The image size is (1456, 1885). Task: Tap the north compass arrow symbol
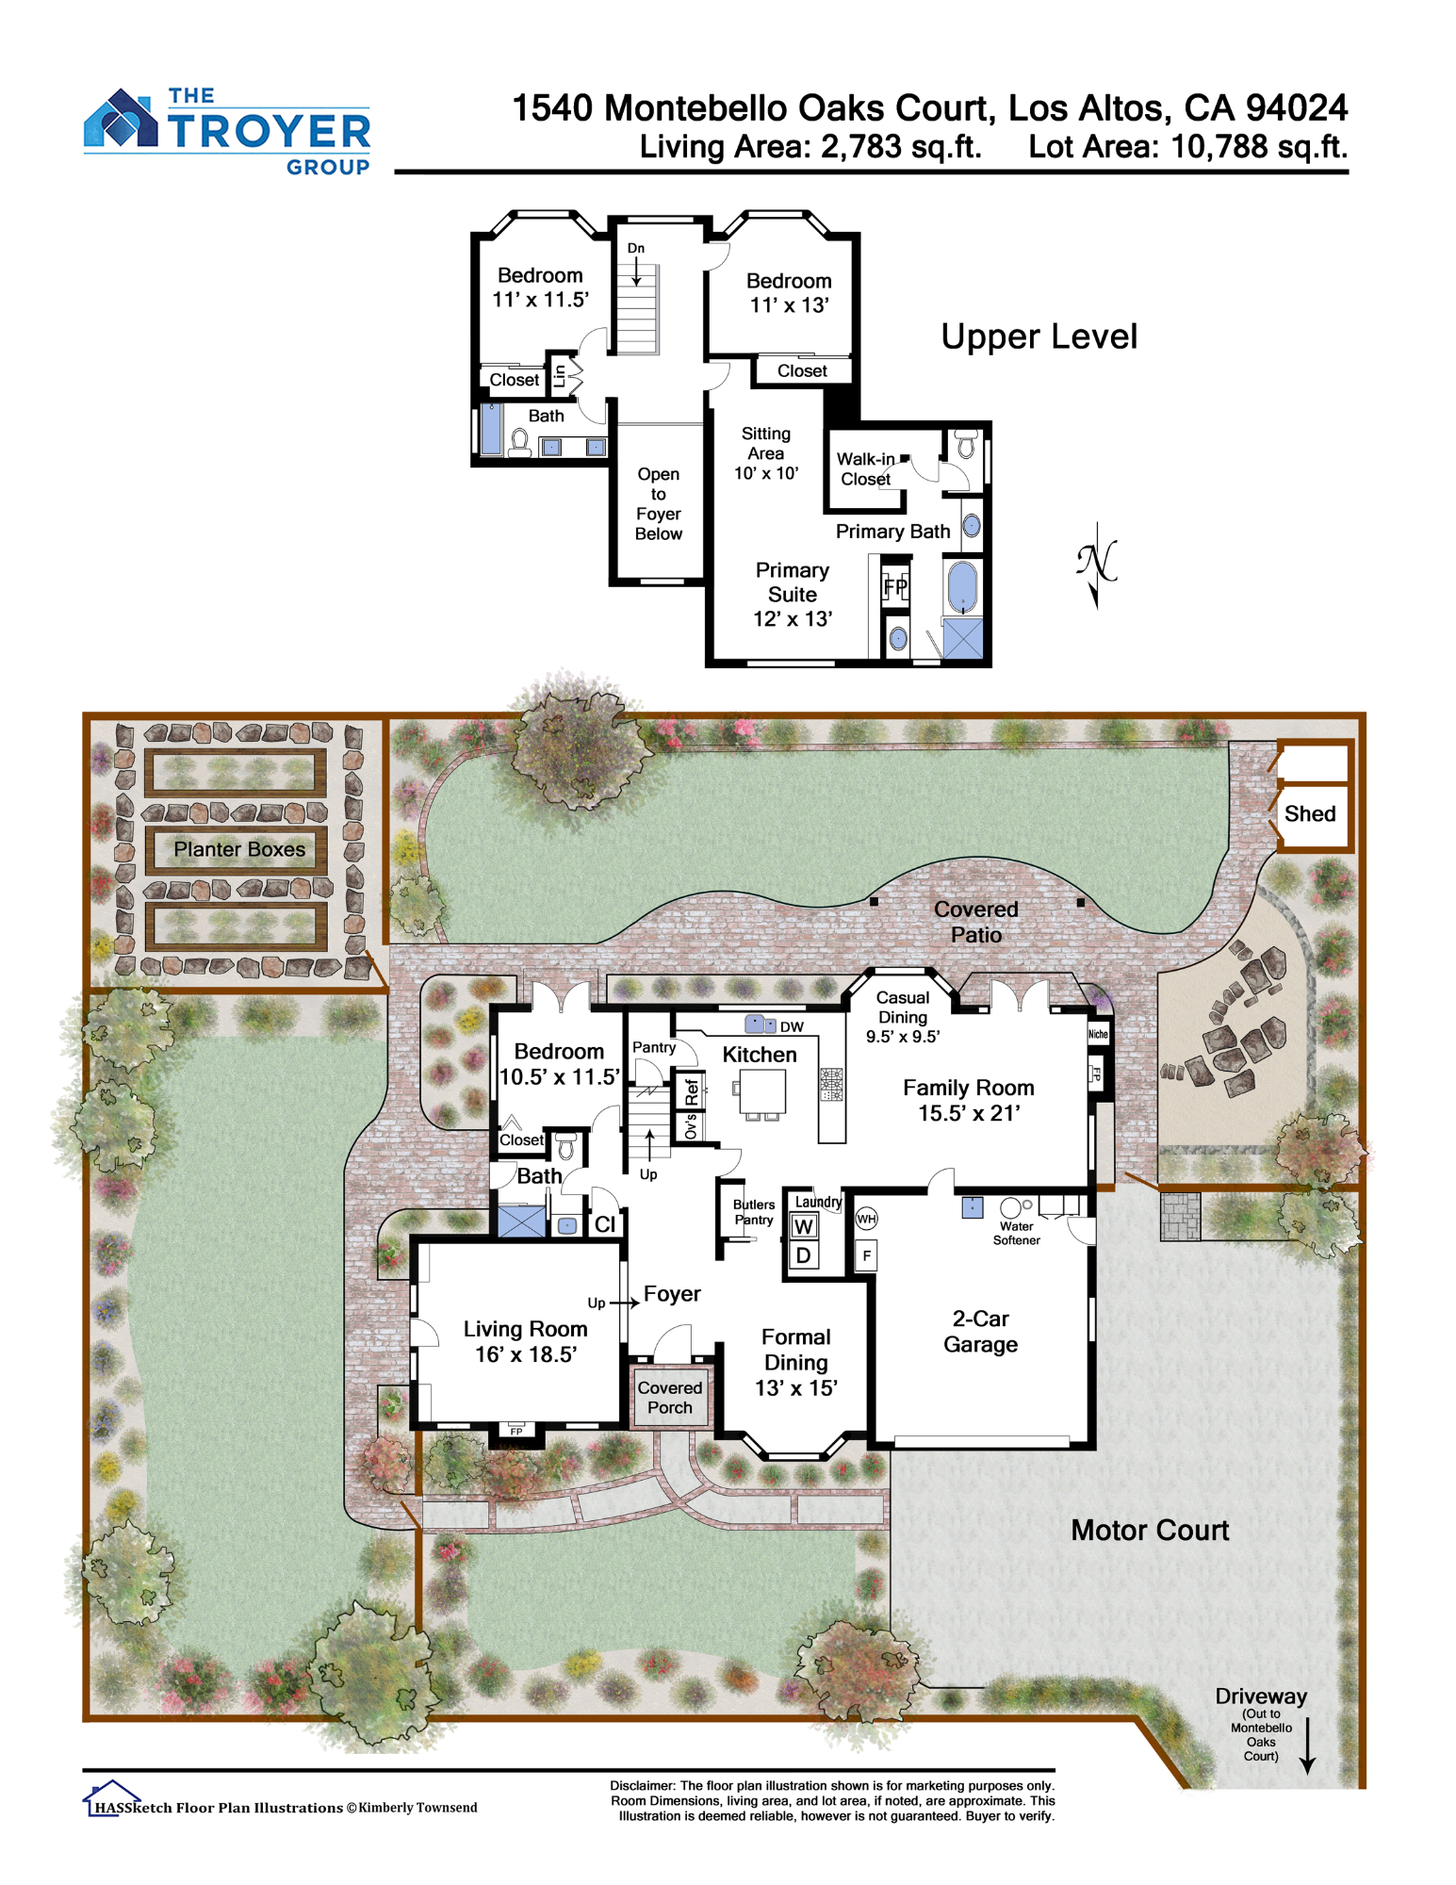point(1096,565)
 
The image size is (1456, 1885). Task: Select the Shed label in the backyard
point(1310,813)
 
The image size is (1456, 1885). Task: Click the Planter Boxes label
point(239,849)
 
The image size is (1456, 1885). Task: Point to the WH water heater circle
point(866,1219)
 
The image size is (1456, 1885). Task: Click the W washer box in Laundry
point(803,1226)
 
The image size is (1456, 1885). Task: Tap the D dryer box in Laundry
point(803,1255)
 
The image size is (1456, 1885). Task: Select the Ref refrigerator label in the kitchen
point(692,1091)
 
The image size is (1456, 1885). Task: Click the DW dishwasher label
point(792,1026)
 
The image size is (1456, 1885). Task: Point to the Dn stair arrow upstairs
point(636,270)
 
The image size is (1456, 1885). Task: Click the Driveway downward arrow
point(1307,1746)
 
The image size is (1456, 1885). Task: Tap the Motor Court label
point(1150,1530)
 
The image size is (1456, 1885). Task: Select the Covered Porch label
point(670,1398)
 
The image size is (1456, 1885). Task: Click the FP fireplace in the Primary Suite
point(895,587)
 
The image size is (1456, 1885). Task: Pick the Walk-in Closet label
point(865,469)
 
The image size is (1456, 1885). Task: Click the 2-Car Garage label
point(980,1332)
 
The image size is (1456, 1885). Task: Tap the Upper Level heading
point(1039,336)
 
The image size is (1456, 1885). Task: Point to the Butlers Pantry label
point(754,1212)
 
